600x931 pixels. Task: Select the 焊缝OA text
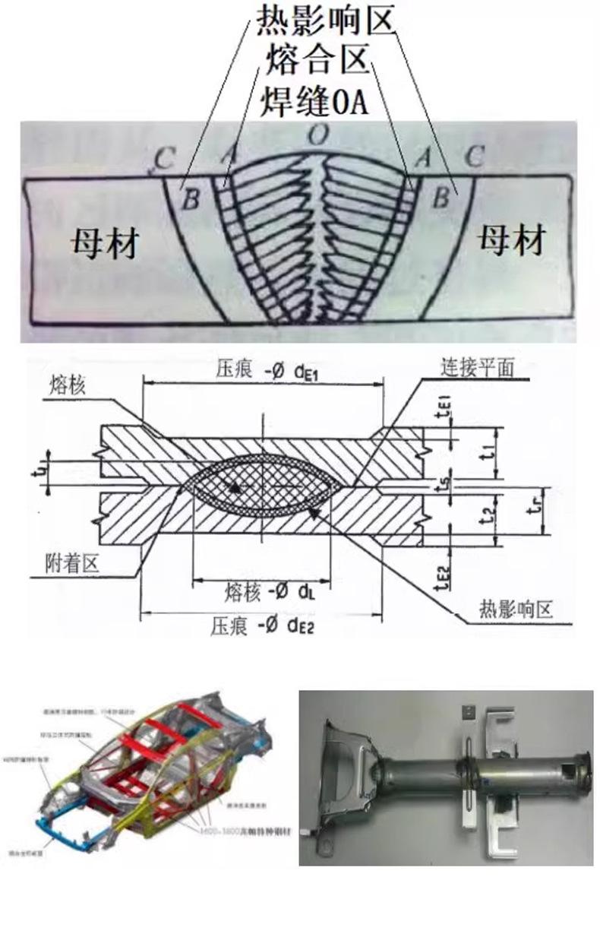[x=314, y=101]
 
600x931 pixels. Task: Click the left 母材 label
[x=105, y=242]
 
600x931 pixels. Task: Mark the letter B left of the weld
[x=191, y=200]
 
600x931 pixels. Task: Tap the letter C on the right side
[x=474, y=158]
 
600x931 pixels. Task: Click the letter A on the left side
[x=227, y=157]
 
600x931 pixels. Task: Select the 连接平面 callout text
[x=478, y=368]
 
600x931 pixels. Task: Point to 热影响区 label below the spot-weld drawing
[x=516, y=609]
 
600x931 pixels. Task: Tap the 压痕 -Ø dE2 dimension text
[x=262, y=626]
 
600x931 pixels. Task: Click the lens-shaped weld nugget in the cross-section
[x=262, y=482]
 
